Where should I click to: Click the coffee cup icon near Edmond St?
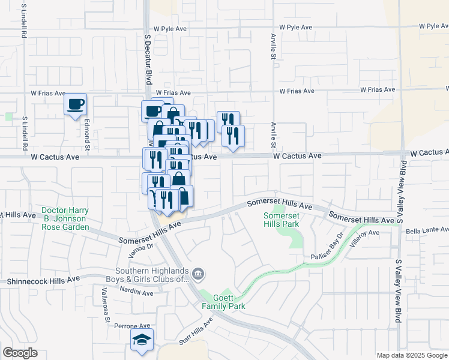pos(76,104)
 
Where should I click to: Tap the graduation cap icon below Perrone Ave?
pos(142,340)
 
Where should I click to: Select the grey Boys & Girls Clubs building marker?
pos(199,275)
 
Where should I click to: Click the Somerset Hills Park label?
pos(282,219)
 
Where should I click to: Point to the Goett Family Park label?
pos(223,302)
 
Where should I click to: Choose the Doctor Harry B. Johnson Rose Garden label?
pos(65,219)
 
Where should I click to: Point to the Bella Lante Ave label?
pos(427,230)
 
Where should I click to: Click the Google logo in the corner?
pos(20,353)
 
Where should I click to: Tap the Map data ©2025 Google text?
pos(412,355)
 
